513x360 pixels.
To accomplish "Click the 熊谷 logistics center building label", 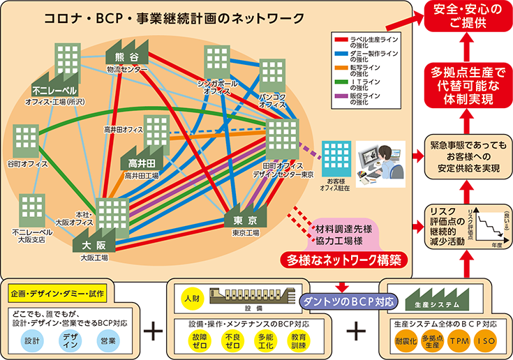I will coord(124,57).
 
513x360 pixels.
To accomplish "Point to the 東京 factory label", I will coord(248,220).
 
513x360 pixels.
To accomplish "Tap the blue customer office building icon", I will coord(336,160).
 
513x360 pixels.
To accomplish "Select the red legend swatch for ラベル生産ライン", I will coord(340,39).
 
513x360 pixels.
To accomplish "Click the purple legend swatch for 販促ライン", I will coord(340,98).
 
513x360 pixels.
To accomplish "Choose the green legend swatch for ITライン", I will coord(340,83).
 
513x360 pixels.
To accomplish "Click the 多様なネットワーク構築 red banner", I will coord(344,260).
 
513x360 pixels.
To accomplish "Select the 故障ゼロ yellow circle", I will coord(200,341).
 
